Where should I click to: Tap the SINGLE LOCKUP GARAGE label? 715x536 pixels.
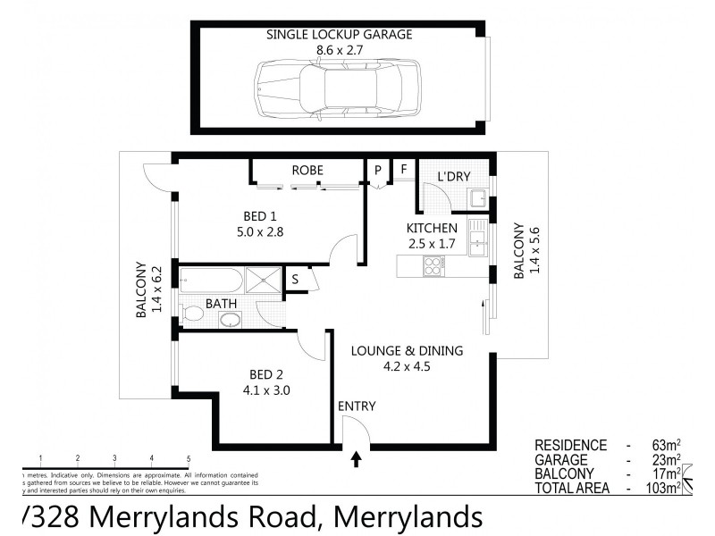tap(340, 35)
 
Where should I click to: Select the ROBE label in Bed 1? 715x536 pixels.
tap(307, 170)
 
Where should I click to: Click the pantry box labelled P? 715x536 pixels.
tap(378, 169)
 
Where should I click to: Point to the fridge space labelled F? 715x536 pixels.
tap(403, 169)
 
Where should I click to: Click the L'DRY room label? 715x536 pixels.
tap(453, 177)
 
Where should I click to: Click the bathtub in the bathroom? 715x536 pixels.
tap(211, 281)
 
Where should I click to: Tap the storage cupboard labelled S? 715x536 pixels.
tap(295, 280)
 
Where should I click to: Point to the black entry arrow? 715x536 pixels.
tap(357, 460)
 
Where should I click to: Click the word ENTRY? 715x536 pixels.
tap(357, 406)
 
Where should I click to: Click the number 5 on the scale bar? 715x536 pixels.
tap(188, 458)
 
